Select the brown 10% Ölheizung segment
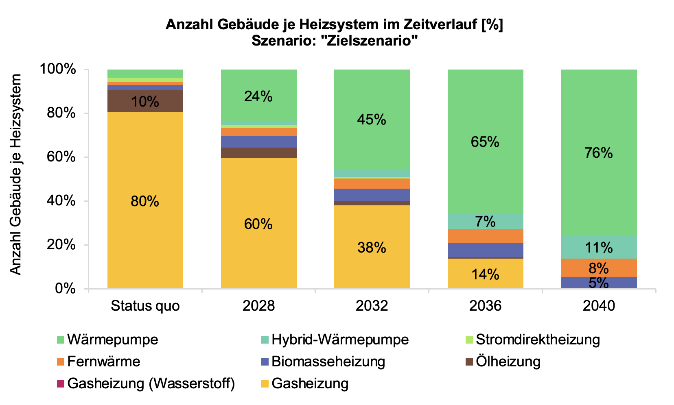(x=145, y=101)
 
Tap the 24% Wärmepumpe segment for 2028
(x=258, y=96)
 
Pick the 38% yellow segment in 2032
(x=372, y=247)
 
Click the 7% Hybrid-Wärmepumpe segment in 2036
(x=485, y=221)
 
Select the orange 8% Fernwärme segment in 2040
(x=598, y=268)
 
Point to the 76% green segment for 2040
(x=598, y=152)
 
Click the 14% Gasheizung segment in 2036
(x=485, y=274)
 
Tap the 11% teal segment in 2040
(x=598, y=247)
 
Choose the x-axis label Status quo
(x=145, y=305)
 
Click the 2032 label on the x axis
(x=372, y=305)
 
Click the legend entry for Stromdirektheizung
(x=537, y=339)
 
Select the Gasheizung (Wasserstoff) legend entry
(x=151, y=383)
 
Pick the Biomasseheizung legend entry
(x=328, y=361)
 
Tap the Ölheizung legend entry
(x=508, y=361)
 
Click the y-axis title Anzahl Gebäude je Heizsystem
(x=15, y=174)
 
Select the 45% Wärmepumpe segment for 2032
(x=372, y=119)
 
